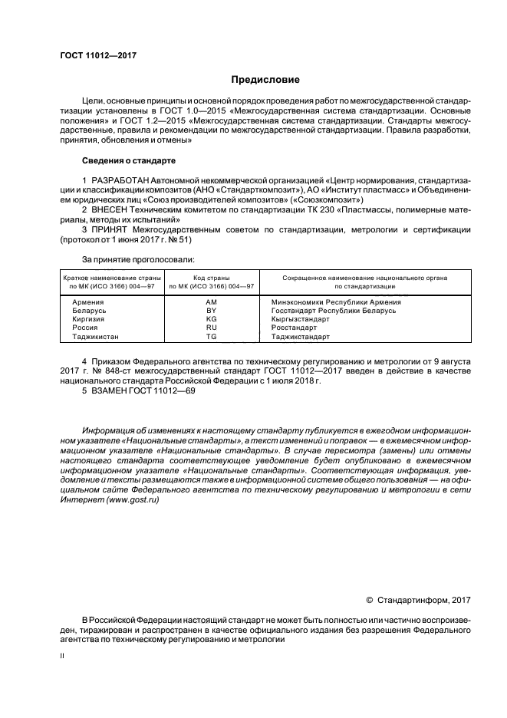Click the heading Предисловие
click(x=265, y=80)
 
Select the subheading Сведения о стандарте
click(x=129, y=162)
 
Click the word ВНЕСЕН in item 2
click(x=112, y=209)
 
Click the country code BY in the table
click(x=212, y=311)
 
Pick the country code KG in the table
click(x=212, y=319)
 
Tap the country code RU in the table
click(x=212, y=328)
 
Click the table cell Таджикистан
click(x=96, y=337)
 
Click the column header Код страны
click(x=212, y=277)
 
